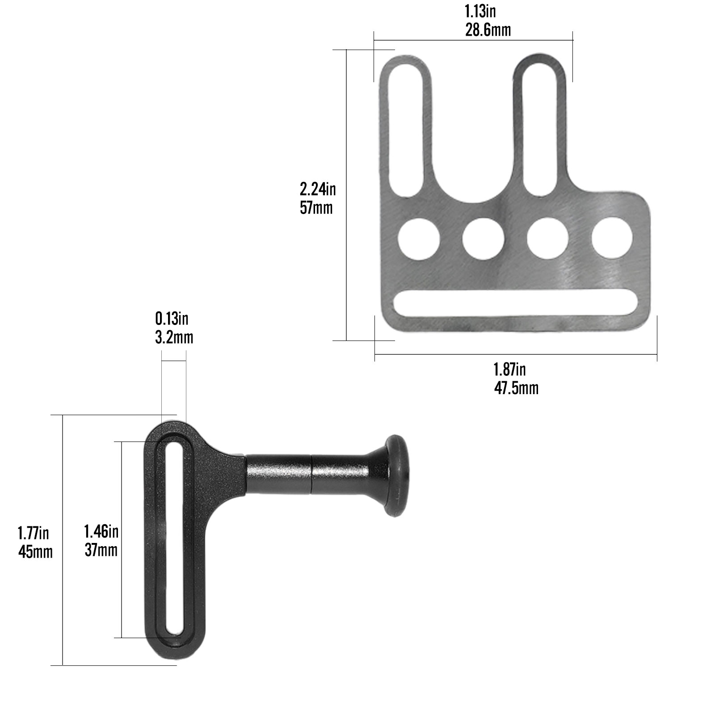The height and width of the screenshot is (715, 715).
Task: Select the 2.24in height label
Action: [317, 189]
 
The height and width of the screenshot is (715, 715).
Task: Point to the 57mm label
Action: [316, 208]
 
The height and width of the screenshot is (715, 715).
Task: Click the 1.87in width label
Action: [509, 370]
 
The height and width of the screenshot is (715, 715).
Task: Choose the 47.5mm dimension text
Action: [516, 388]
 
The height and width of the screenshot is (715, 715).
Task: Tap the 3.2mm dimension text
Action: [174, 337]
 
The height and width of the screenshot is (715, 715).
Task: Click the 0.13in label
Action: [172, 319]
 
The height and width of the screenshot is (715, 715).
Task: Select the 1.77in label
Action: [33, 533]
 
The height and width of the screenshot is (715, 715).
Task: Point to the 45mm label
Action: [35, 552]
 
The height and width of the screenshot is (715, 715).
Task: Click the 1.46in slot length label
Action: [101, 531]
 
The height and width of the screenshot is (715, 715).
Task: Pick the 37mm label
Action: [101, 550]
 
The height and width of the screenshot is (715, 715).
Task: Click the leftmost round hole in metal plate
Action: [418, 239]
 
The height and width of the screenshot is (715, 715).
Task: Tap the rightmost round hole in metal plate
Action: [612, 238]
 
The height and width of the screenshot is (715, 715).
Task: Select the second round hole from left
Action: [483, 239]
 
